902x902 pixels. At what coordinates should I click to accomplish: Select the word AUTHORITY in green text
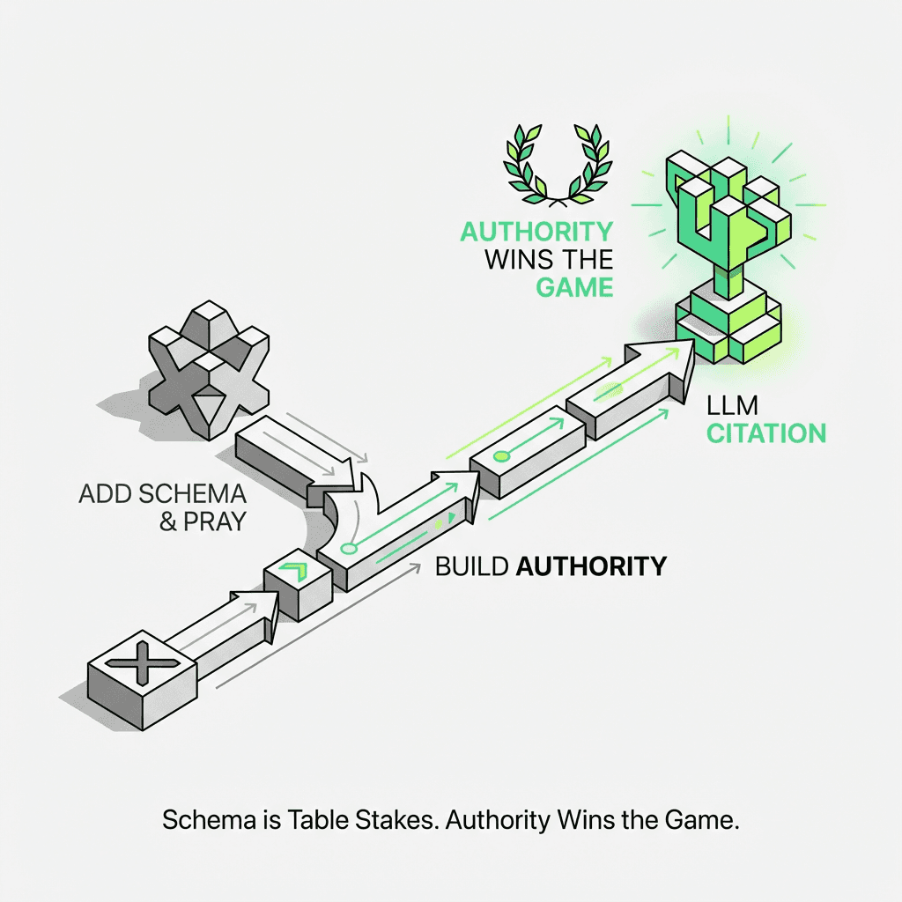tap(536, 232)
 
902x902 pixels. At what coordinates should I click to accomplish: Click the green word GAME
tap(574, 286)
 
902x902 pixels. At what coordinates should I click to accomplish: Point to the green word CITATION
tap(766, 433)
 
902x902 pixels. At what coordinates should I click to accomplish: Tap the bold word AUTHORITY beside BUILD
tap(590, 566)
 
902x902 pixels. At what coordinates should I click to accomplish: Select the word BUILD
tap(471, 566)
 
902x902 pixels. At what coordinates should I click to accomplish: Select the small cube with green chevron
tap(298, 586)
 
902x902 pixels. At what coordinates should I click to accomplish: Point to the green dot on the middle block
tap(501, 455)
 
